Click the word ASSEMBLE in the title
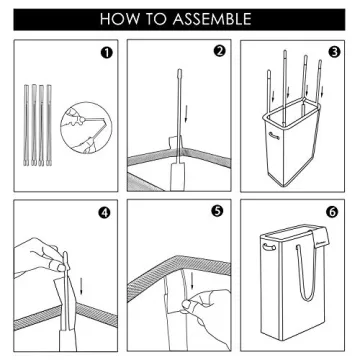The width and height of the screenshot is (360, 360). (x=212, y=19)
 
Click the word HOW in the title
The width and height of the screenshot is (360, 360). (x=117, y=19)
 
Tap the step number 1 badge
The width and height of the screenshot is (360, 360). (x=106, y=53)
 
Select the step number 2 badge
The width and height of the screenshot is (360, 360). (x=220, y=51)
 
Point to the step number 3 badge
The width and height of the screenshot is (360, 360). (x=333, y=52)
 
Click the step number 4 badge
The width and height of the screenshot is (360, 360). (x=105, y=213)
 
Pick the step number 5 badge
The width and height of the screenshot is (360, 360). (x=217, y=211)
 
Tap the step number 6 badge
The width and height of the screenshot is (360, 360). (x=333, y=211)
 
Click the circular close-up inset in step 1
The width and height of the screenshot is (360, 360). (x=86, y=128)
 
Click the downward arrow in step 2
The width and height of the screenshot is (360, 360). (x=186, y=114)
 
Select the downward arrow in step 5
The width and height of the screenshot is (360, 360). (x=192, y=282)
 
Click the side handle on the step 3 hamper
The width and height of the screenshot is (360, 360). (x=274, y=136)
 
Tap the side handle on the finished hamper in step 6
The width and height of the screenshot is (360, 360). (x=269, y=247)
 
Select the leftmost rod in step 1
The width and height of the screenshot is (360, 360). (x=26, y=125)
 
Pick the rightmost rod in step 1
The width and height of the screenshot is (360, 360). (x=49, y=125)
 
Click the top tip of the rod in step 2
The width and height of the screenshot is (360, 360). (x=179, y=70)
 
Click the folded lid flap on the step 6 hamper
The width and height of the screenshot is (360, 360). (x=319, y=236)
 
